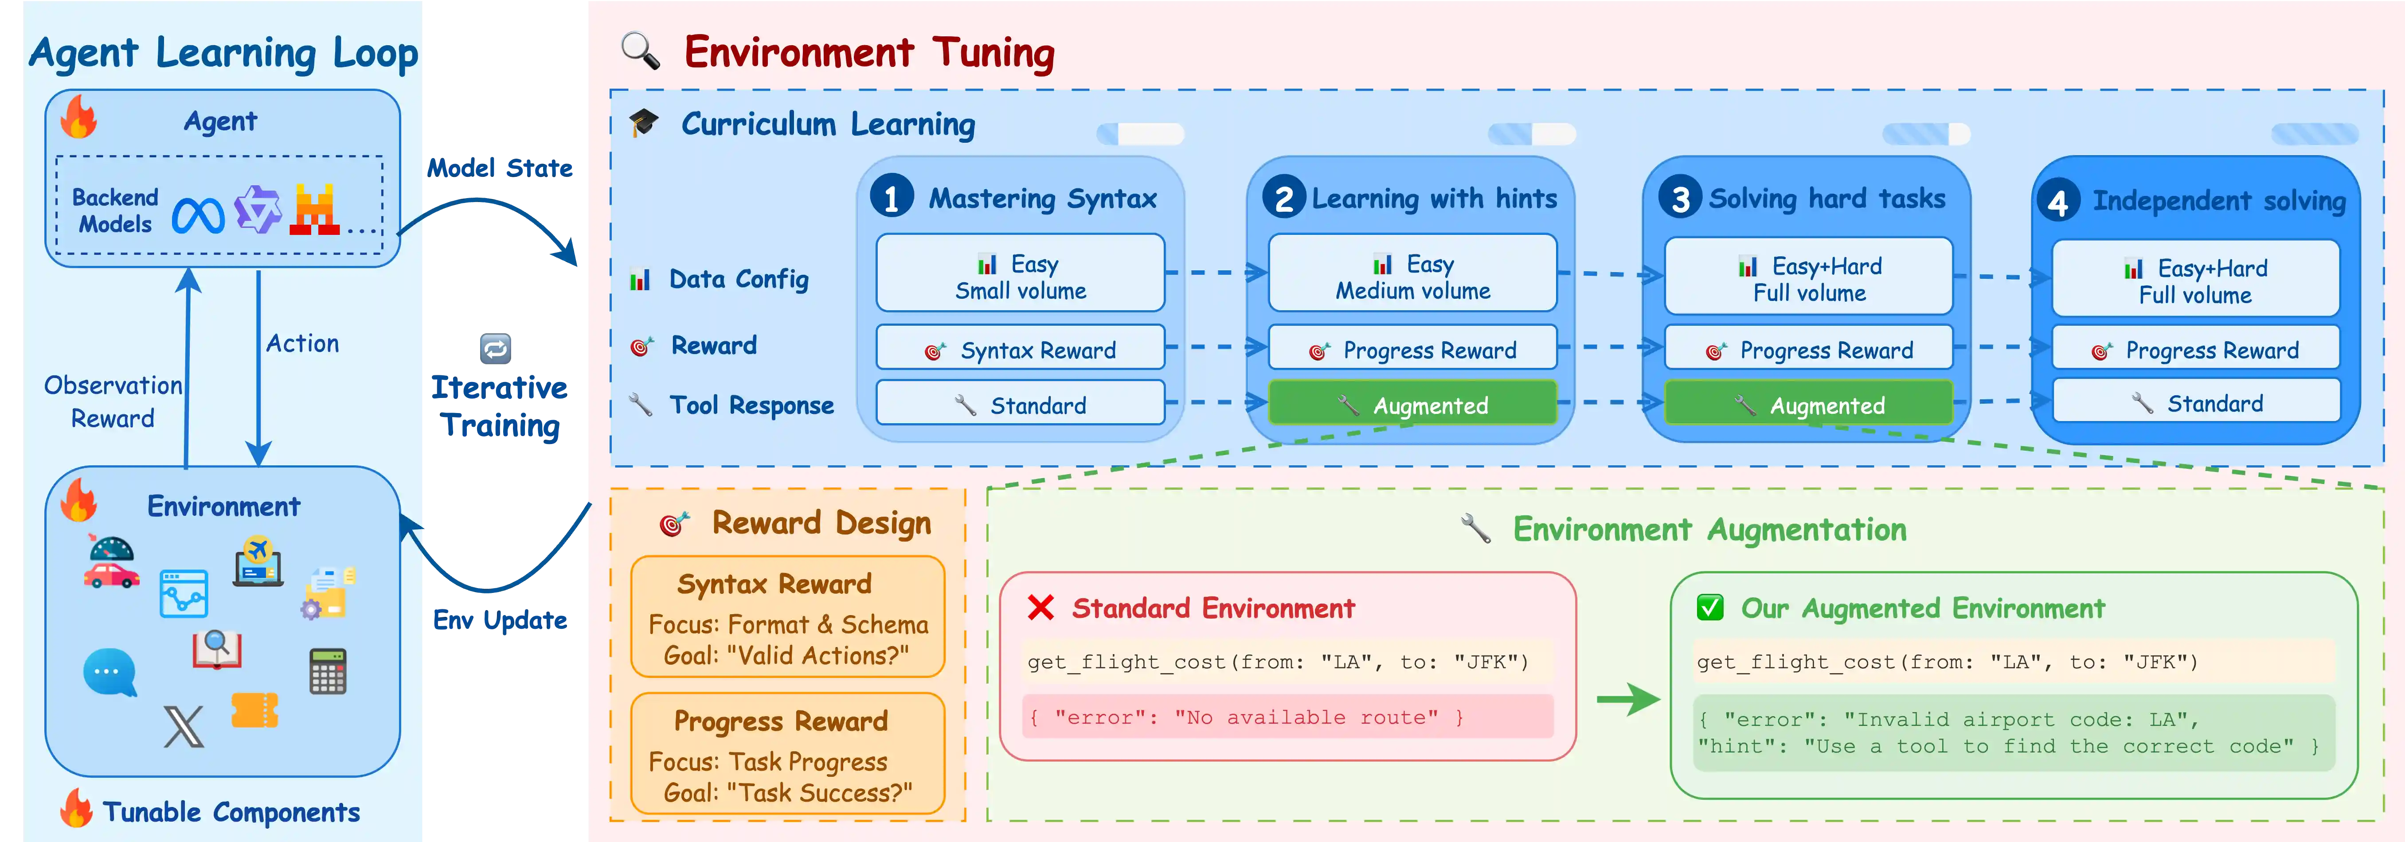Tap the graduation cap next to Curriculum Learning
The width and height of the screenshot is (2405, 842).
click(x=643, y=123)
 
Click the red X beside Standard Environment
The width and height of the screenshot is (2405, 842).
click(x=1040, y=608)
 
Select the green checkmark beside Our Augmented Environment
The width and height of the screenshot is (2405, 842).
click(x=1709, y=608)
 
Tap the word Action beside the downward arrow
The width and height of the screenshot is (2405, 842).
click(x=302, y=343)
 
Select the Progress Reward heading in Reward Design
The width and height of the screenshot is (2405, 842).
click(x=781, y=721)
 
